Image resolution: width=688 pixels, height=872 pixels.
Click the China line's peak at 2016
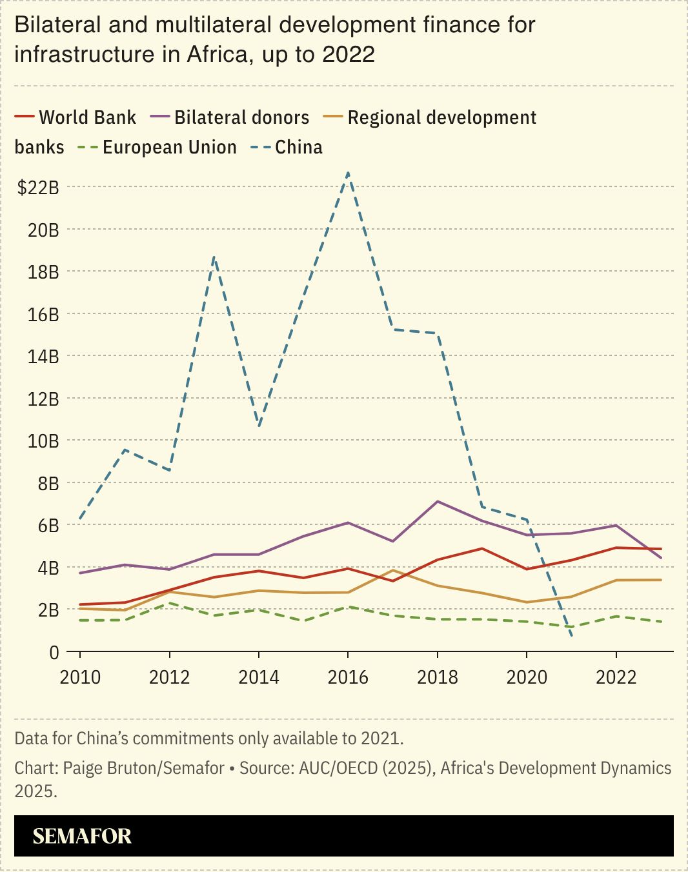pyautogui.click(x=348, y=173)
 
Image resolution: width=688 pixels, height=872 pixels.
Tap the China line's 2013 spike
pyautogui.click(x=214, y=257)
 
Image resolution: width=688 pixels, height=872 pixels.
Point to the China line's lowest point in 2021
pyautogui.click(x=571, y=637)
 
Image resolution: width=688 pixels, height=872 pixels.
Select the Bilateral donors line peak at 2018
pyautogui.click(x=438, y=501)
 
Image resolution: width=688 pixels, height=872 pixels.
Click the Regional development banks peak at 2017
pyautogui.click(x=392, y=570)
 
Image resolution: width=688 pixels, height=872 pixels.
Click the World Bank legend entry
pyautogui.click(x=76, y=117)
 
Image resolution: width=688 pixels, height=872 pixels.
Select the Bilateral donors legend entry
pyautogui.click(x=230, y=117)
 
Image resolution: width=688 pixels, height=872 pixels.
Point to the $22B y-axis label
pyautogui.click(x=38, y=188)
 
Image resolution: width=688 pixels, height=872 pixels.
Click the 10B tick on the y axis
pyautogui.click(x=43, y=441)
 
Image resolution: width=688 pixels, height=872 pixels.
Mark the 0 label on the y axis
pyautogui.click(x=54, y=652)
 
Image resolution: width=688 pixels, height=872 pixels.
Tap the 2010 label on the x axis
pyautogui.click(x=80, y=677)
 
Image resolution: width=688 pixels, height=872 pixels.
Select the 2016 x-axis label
pyautogui.click(x=348, y=677)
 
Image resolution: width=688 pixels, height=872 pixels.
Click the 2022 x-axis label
pyautogui.click(x=616, y=677)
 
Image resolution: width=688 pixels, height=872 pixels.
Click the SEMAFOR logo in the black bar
pyautogui.click(x=82, y=837)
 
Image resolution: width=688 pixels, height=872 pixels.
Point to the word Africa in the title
pyautogui.click(x=216, y=54)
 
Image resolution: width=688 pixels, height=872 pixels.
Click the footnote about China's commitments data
pyautogui.click(x=209, y=738)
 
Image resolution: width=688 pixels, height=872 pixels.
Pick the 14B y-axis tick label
pyautogui.click(x=43, y=357)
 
